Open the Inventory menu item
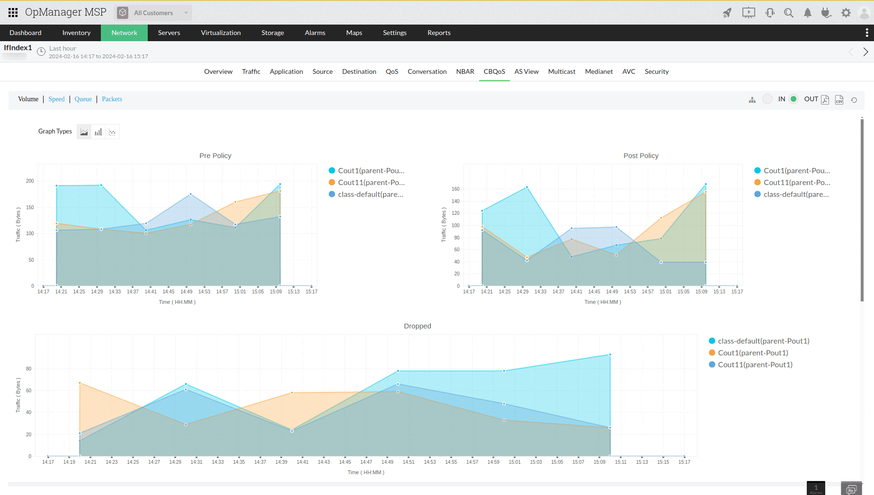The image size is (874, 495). point(76,33)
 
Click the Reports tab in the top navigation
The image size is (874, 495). point(438,33)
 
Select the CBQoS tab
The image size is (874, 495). point(494,71)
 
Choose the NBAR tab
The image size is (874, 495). point(465,71)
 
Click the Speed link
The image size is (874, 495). point(56,99)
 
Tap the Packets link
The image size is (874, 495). point(112,99)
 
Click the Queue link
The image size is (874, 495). point(83,99)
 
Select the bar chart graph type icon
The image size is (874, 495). point(98,132)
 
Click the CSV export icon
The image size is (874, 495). point(839,99)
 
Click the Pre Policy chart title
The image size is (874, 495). point(215,156)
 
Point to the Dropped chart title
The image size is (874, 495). point(417,326)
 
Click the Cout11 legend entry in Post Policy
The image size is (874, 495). point(796,183)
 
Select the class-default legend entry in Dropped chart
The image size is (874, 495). point(763,341)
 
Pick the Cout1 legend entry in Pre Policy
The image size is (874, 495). point(371,171)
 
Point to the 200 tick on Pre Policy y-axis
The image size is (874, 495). point(30,181)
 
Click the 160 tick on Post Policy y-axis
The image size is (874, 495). point(455,189)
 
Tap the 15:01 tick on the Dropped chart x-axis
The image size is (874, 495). point(515,462)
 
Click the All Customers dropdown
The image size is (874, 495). point(153,13)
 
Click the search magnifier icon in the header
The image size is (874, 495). point(788,13)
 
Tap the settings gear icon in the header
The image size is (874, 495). point(846,13)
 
